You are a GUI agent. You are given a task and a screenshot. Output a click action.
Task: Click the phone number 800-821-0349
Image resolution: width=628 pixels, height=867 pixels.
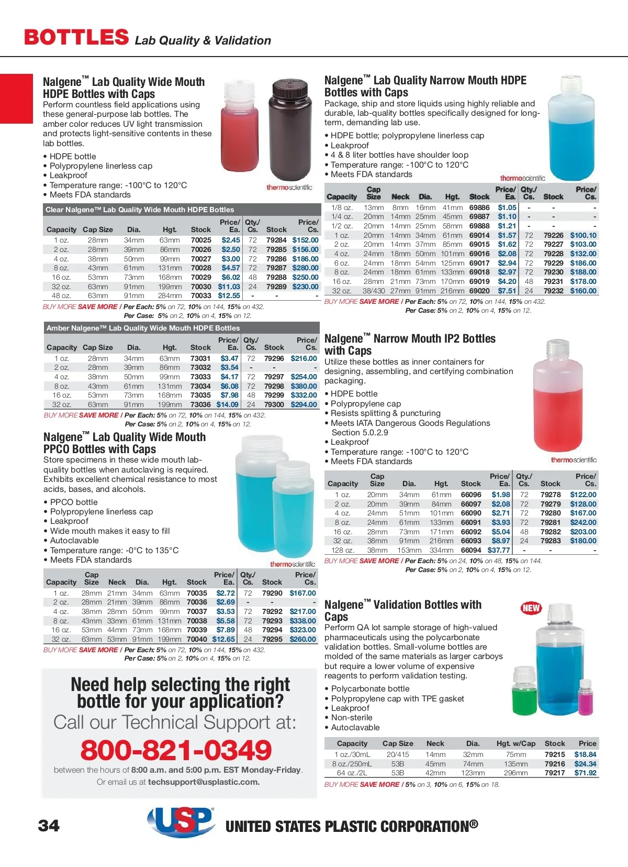tap(176, 750)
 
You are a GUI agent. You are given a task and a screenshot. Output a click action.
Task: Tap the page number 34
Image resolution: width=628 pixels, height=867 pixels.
tap(49, 826)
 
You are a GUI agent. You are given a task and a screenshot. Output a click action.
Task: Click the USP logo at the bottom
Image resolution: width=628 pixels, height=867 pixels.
tap(181, 821)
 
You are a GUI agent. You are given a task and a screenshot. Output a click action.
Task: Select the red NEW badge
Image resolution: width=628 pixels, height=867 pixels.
tap(531, 608)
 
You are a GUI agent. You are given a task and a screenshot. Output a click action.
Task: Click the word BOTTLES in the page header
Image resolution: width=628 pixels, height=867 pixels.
tap(76, 37)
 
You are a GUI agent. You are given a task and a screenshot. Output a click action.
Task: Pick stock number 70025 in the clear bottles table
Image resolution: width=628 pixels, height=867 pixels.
tap(201, 240)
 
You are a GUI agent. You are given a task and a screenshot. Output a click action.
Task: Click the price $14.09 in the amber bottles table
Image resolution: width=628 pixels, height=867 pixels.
tap(228, 404)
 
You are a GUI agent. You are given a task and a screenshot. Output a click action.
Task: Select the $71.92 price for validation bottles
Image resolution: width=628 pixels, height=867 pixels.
tap(585, 773)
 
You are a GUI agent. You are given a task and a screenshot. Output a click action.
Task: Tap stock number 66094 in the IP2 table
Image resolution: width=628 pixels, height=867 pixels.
tap(471, 550)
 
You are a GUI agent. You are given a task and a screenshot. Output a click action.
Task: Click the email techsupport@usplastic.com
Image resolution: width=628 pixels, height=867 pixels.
tap(204, 782)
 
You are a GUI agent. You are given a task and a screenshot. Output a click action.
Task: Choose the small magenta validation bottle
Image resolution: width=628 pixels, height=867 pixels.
tap(586, 701)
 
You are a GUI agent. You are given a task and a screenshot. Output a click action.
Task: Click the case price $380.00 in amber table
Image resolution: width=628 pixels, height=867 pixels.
tap(304, 386)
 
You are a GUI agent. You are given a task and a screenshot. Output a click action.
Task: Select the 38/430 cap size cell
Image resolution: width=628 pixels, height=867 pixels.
tap(374, 291)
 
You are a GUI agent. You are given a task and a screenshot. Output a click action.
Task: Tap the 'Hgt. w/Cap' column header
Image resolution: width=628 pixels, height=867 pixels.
tap(516, 743)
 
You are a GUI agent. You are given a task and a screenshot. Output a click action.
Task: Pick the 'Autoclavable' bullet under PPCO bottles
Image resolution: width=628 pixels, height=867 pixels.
tap(74, 540)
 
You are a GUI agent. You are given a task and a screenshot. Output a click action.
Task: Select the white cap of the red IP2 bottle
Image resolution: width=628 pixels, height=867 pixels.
tap(557, 348)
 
